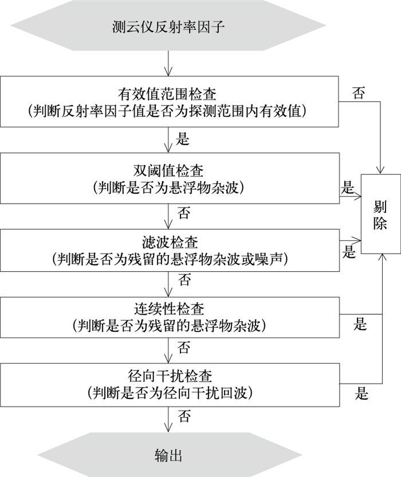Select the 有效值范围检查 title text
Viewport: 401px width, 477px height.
click(x=167, y=93)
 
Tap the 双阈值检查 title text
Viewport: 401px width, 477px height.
click(x=168, y=170)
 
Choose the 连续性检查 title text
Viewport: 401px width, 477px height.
click(x=168, y=310)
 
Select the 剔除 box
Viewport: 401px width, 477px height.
click(x=381, y=213)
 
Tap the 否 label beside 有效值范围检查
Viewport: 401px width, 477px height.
click(x=359, y=93)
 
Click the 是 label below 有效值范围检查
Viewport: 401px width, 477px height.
click(x=183, y=140)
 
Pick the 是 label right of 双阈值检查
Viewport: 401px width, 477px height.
click(x=348, y=187)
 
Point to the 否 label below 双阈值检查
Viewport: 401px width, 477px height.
click(x=184, y=214)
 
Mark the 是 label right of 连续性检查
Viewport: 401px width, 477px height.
click(x=360, y=324)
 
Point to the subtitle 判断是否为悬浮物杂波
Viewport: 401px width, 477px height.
click(x=168, y=187)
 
